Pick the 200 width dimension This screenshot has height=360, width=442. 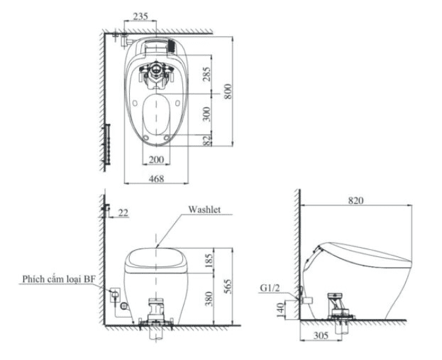[x=156, y=160]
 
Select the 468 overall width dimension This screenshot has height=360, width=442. [x=155, y=178]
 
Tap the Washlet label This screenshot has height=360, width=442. [x=204, y=209]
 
